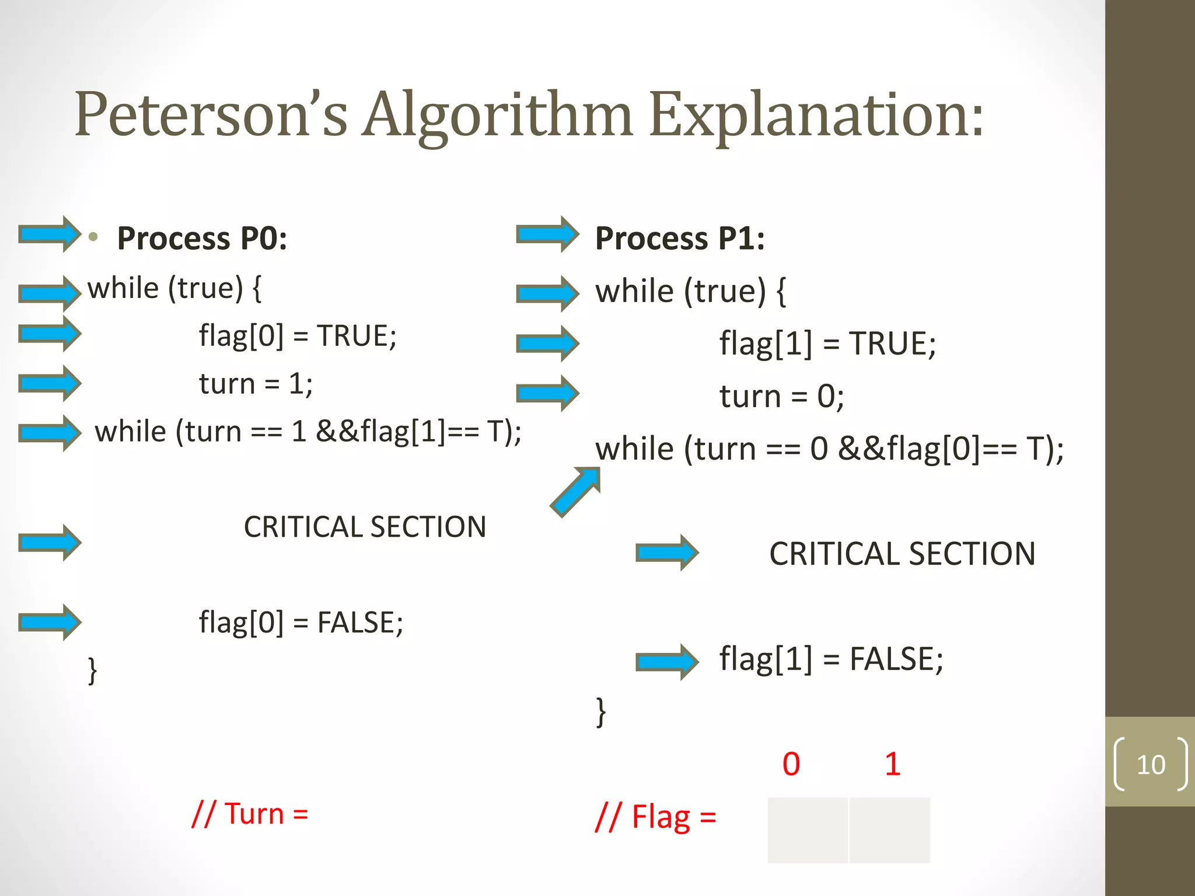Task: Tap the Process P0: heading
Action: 202,239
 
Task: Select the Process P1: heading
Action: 680,239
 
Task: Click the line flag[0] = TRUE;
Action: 298,336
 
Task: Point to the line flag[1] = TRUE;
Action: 827,343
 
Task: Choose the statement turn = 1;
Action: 256,384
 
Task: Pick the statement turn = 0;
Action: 781,397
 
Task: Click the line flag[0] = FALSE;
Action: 301,622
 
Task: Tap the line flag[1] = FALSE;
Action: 831,660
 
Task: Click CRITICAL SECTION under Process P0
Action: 365,527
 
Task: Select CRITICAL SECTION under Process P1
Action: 902,554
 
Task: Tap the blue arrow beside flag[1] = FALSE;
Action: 667,661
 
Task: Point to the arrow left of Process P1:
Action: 547,235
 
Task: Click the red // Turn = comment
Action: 250,814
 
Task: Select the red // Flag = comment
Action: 655,817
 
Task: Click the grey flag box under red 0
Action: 808,830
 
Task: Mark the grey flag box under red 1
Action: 890,830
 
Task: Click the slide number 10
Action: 1151,765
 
